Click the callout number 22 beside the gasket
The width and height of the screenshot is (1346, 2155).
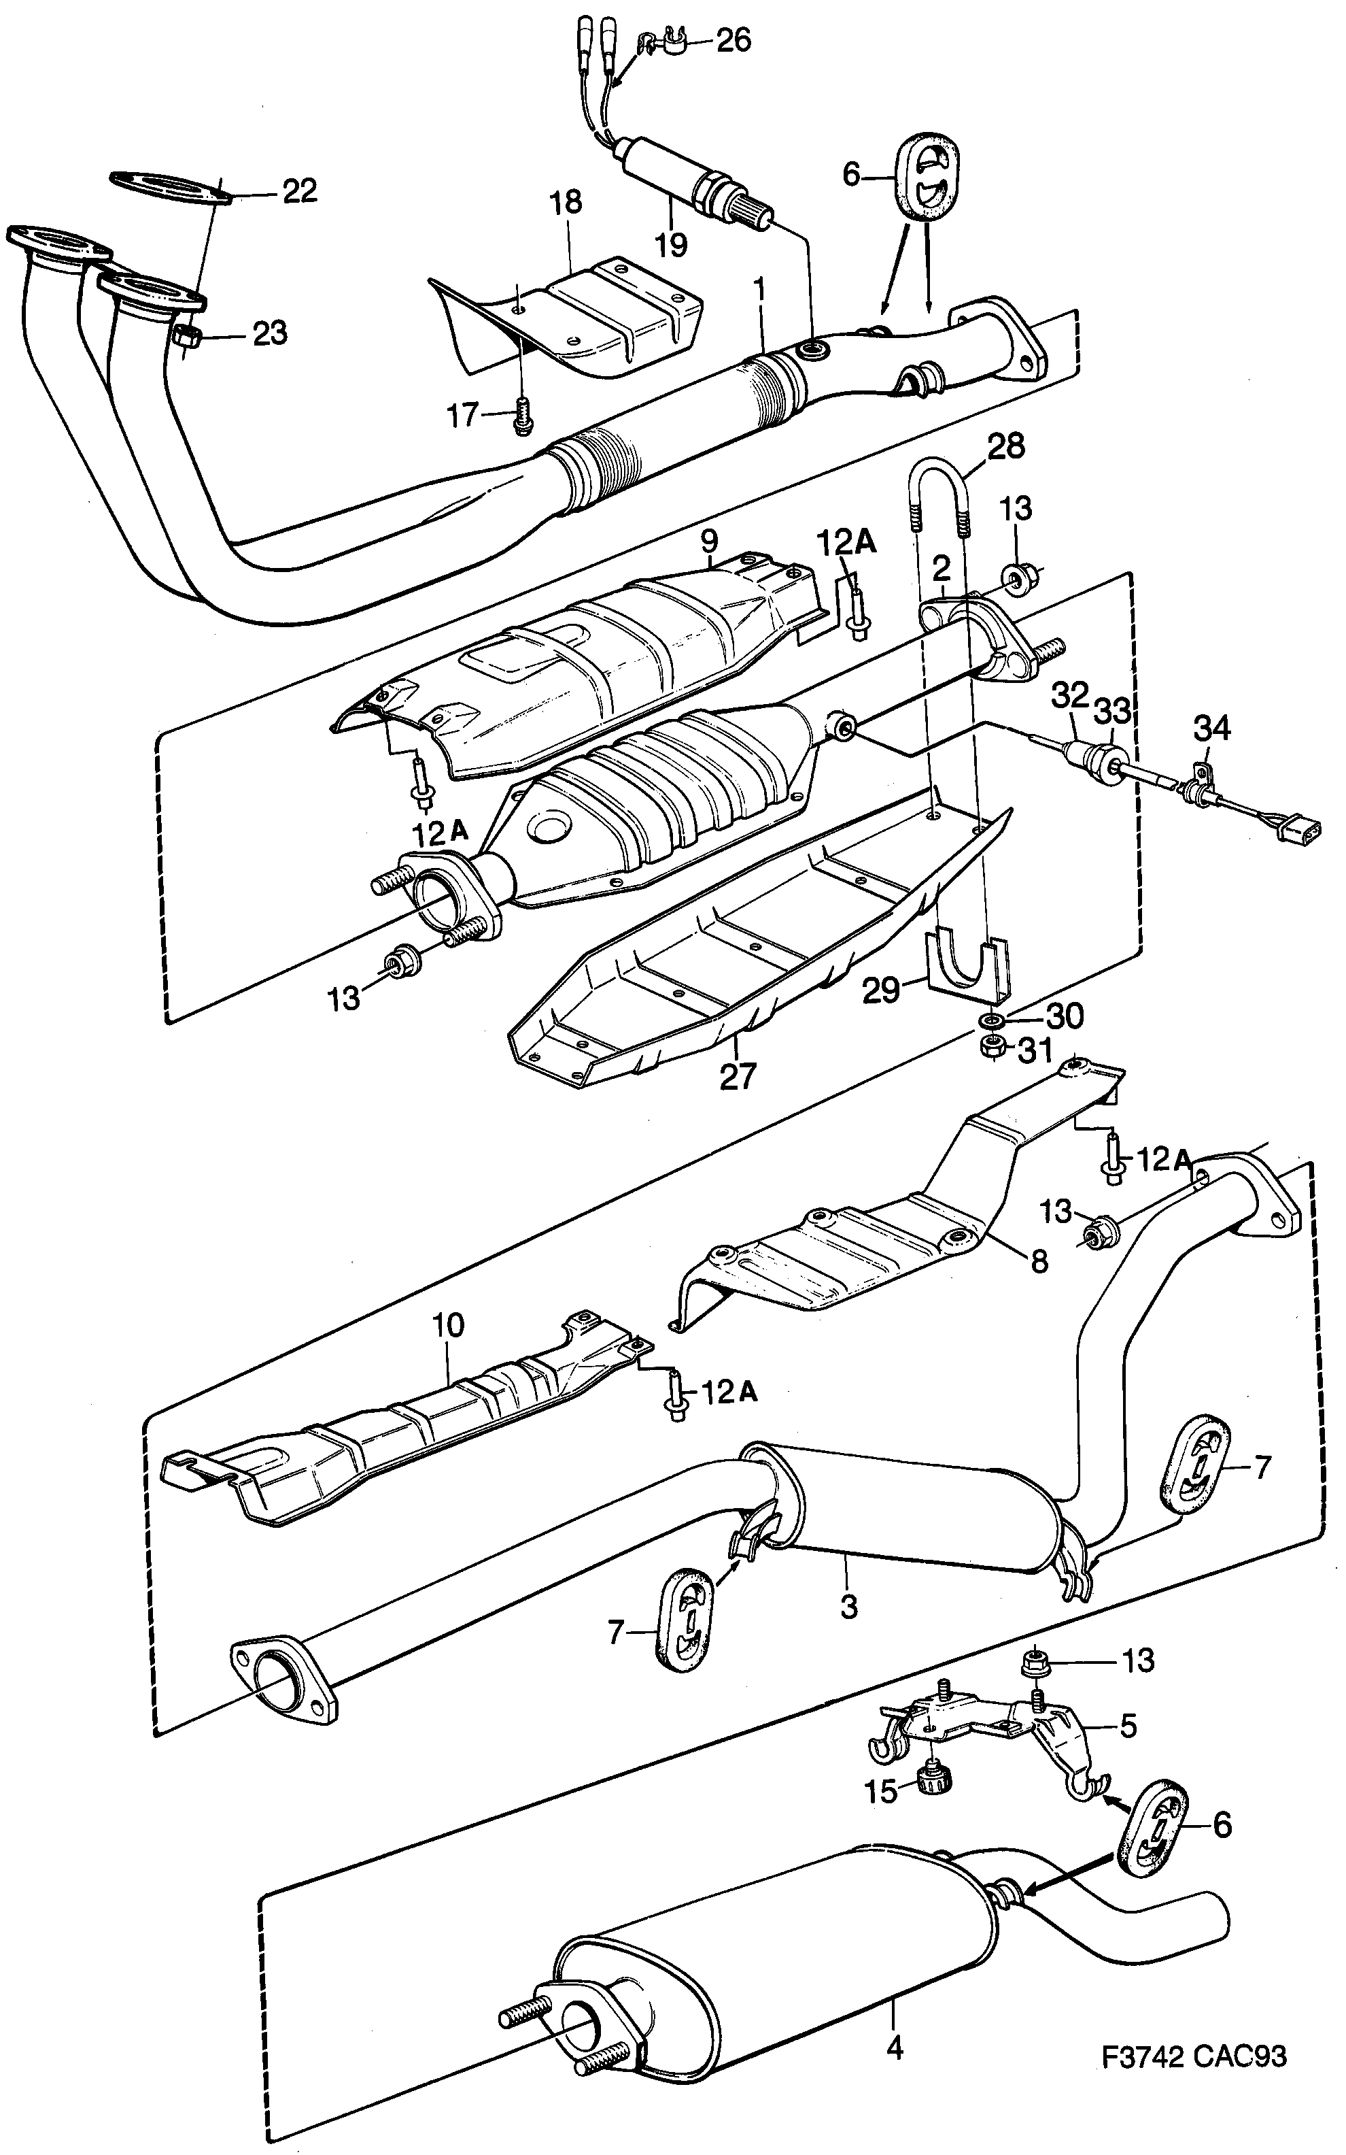[x=299, y=190]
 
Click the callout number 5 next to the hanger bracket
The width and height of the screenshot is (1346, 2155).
[x=1127, y=1726]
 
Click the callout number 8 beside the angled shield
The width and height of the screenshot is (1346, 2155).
[x=1039, y=1261]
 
